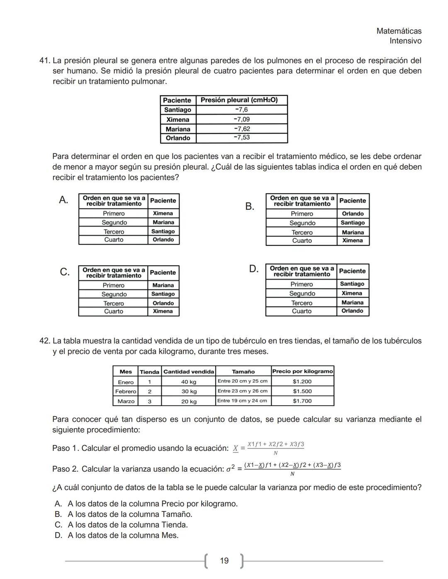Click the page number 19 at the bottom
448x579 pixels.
click(224, 561)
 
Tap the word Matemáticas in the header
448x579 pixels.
click(399, 31)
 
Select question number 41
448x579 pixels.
click(44, 61)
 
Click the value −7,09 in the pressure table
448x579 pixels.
click(242, 119)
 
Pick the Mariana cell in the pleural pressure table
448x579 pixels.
click(178, 129)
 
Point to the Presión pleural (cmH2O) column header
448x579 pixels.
click(239, 100)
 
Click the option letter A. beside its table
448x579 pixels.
click(63, 200)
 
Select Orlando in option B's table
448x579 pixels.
click(353, 213)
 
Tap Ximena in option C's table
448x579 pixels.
click(163, 311)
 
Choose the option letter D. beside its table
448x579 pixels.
click(254, 269)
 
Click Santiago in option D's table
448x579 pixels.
click(352, 284)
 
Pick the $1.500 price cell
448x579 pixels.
click(302, 391)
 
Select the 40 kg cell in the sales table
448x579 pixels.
click(189, 382)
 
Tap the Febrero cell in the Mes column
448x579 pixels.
click(126, 391)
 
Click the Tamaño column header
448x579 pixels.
click(243, 372)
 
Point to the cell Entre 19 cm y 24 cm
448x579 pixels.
click(243, 401)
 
